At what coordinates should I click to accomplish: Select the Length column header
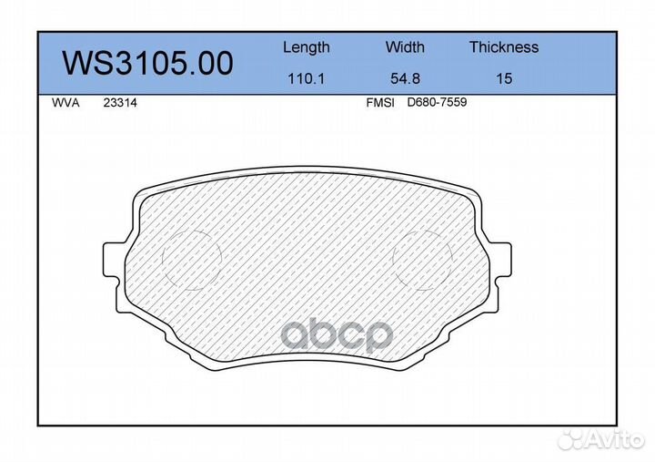[x=306, y=47]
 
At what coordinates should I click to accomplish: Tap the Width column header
[x=405, y=47]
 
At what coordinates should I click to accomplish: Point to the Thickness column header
[x=504, y=47]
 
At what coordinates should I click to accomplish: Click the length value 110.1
[x=306, y=78]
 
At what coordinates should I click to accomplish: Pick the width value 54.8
[x=405, y=78]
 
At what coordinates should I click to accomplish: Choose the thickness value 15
[x=504, y=78]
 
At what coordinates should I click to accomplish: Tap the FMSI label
[x=379, y=104]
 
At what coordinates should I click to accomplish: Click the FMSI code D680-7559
[x=437, y=104]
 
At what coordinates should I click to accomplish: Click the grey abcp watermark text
[x=337, y=335]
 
